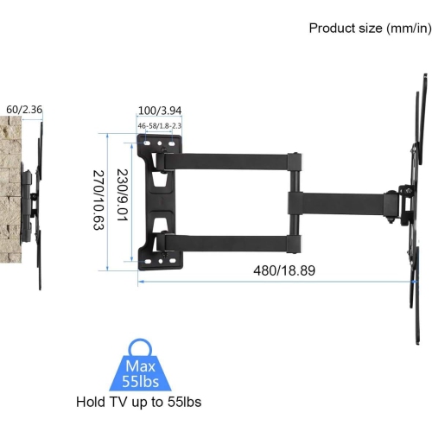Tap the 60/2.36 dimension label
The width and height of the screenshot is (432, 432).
point(23,110)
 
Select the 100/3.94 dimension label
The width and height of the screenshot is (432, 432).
point(159,111)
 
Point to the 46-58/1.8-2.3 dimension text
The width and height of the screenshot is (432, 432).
point(159,127)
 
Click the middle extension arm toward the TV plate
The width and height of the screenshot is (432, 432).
point(341,201)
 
